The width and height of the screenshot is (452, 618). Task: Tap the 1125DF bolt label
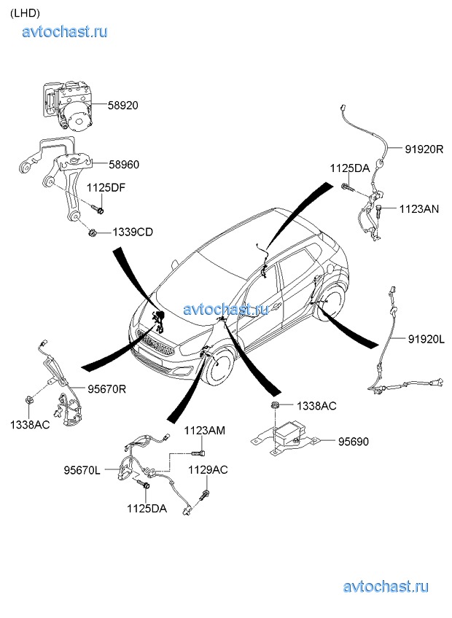click(106, 187)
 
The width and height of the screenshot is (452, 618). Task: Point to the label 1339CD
click(133, 232)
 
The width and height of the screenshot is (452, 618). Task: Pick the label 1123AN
click(418, 209)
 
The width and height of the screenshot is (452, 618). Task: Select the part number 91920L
click(426, 339)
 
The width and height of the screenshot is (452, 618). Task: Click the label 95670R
click(107, 389)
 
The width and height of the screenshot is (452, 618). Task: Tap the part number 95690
click(354, 441)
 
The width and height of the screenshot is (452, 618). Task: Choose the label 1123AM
click(204, 431)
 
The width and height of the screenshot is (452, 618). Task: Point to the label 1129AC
click(208, 470)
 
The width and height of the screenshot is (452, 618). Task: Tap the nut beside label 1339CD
click(95, 233)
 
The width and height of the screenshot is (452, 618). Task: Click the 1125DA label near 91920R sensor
click(350, 168)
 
